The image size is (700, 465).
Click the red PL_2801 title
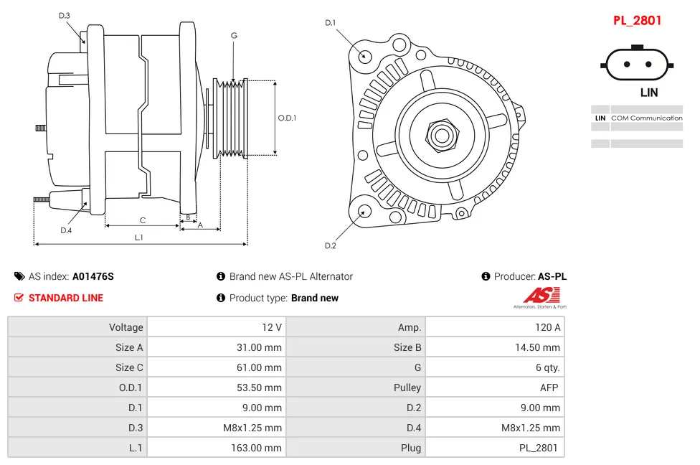click(x=637, y=21)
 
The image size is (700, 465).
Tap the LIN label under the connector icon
click(x=648, y=93)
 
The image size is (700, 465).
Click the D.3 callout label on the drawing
click(x=65, y=15)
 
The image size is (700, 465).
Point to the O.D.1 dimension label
click(x=287, y=118)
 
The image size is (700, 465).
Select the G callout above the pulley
click(x=234, y=35)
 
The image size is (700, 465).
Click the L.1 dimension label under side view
click(x=139, y=238)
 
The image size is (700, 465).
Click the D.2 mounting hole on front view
click(x=364, y=211)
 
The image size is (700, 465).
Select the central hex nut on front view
click(x=442, y=134)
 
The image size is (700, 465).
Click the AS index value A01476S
click(x=93, y=276)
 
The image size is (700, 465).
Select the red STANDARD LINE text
click(x=66, y=298)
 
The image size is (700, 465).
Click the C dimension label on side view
click(x=143, y=220)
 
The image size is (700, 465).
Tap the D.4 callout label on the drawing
click(x=66, y=230)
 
